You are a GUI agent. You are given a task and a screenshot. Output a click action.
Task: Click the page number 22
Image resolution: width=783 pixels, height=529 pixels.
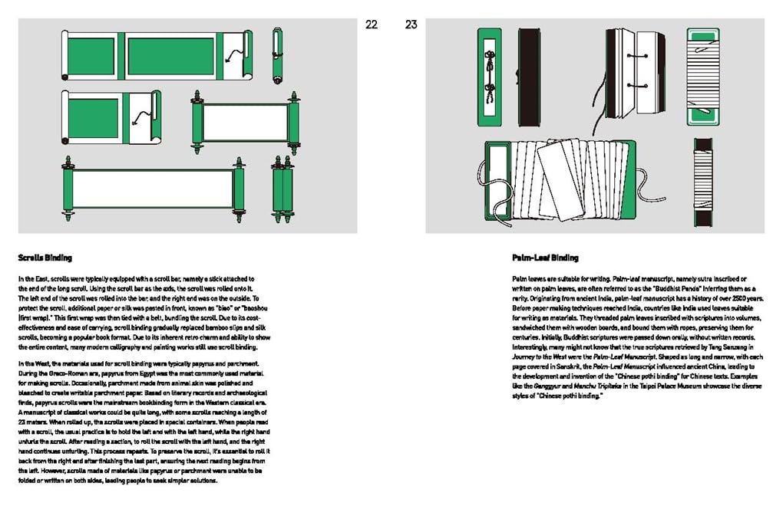pyautogui.click(x=372, y=25)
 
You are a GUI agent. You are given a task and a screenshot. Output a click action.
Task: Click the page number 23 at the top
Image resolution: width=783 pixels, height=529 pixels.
pyautogui.click(x=411, y=25)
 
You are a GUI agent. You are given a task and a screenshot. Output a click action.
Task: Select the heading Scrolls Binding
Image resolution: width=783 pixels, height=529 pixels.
pyautogui.click(x=45, y=258)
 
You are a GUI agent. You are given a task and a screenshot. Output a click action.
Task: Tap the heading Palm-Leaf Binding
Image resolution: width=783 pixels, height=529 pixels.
pyautogui.click(x=545, y=258)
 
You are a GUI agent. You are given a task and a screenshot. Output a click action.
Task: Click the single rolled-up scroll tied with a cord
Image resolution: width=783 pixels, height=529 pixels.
pyautogui.click(x=277, y=55)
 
